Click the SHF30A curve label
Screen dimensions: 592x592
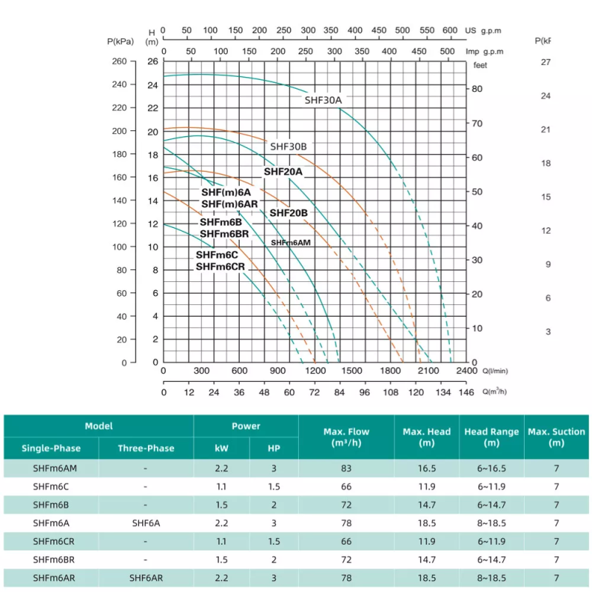click(324, 100)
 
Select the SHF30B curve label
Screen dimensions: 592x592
click(288, 147)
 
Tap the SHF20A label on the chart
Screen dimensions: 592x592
click(283, 172)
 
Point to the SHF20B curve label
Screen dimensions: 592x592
click(289, 213)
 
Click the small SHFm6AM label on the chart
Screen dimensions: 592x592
click(290, 243)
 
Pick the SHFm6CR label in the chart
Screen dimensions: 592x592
click(220, 267)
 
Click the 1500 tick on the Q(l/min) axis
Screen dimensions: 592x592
click(352, 371)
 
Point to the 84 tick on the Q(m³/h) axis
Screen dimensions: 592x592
click(340, 392)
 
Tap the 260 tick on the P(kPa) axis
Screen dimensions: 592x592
click(119, 61)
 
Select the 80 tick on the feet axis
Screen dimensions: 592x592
click(478, 89)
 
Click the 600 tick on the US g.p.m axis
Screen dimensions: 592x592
click(450, 30)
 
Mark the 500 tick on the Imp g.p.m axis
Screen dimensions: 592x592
click(447, 52)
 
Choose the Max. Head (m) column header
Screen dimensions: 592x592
click(426, 437)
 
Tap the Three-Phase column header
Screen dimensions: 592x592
click(146, 448)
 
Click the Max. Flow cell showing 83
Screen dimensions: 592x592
click(346, 468)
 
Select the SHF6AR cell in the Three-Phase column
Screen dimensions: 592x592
click(146, 578)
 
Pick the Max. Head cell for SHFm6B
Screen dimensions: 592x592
click(426, 505)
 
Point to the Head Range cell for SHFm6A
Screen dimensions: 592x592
click(491, 523)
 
